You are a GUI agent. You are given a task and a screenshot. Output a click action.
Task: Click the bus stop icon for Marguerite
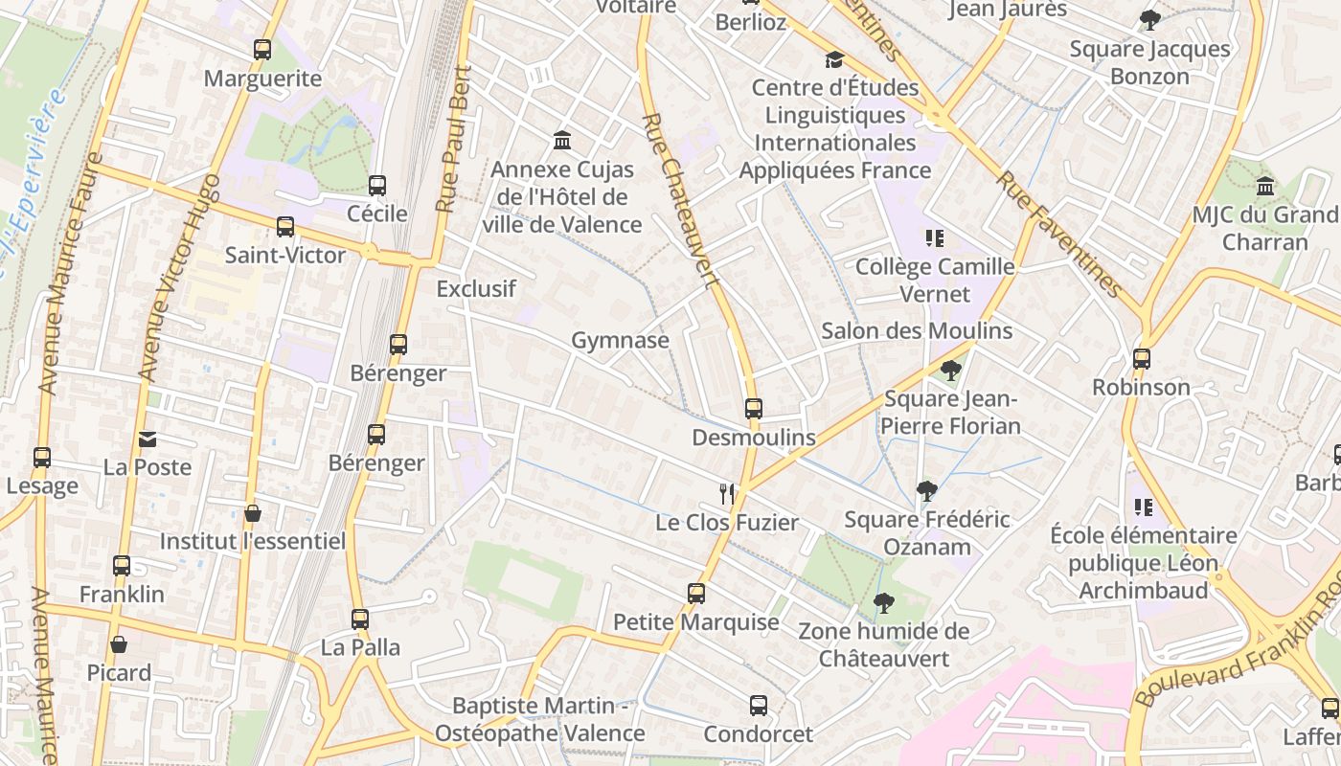point(262,50)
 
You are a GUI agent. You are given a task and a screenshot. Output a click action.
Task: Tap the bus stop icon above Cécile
point(377,186)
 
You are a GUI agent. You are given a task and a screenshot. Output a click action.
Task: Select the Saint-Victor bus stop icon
point(285,227)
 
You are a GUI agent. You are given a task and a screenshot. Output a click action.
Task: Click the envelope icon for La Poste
point(148,439)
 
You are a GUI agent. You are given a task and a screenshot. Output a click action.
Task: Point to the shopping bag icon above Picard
point(119,644)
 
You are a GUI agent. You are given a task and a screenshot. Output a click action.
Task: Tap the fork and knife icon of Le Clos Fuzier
point(727,494)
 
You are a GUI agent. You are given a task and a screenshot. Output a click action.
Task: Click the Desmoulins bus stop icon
point(754,409)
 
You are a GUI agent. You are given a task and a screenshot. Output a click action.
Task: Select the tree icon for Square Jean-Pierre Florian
point(951,370)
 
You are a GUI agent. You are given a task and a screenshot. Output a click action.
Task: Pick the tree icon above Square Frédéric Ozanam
point(926,491)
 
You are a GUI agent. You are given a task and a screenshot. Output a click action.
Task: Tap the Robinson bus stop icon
point(1142,359)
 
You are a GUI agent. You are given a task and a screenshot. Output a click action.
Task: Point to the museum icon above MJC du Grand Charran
point(1265,186)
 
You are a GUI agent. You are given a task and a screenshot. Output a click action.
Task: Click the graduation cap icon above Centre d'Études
point(834,59)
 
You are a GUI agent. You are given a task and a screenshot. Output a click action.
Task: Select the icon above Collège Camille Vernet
point(934,237)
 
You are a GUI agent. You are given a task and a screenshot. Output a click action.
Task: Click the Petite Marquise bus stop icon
point(696,594)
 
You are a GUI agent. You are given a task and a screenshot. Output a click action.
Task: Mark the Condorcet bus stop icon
point(759,706)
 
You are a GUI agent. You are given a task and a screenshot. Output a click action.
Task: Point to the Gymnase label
point(620,340)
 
